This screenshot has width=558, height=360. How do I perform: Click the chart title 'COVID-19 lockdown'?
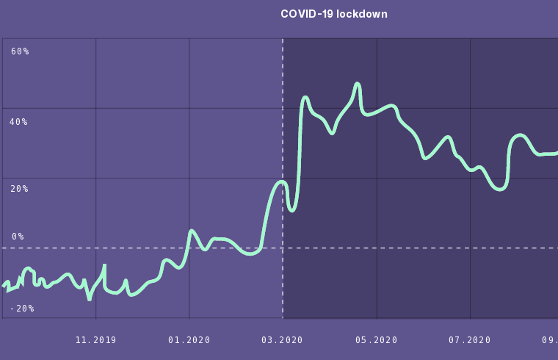tap(334, 14)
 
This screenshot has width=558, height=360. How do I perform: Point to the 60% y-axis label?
tap(20, 51)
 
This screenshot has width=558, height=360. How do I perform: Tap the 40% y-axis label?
tap(18, 122)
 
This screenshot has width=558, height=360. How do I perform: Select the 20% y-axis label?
tap(18, 189)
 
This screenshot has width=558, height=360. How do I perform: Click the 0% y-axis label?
tap(18, 237)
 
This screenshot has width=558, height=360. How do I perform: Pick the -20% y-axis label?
tap(22, 309)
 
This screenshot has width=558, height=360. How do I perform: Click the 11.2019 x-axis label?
tap(95, 340)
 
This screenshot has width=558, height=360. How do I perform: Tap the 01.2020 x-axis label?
tap(189, 340)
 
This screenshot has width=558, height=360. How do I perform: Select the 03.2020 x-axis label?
tap(283, 340)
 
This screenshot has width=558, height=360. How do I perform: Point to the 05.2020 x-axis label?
tap(377, 340)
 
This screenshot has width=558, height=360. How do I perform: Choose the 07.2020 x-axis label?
tap(470, 340)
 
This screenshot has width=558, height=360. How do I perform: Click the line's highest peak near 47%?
tap(358, 84)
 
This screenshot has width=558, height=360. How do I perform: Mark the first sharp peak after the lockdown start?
tap(305, 97)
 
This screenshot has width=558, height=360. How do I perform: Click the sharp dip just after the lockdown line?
tap(291, 210)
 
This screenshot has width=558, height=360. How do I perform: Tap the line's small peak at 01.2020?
tap(191, 231)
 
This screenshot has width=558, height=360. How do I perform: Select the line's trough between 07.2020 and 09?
tap(500, 189)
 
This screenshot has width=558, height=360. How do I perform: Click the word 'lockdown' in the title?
tap(362, 14)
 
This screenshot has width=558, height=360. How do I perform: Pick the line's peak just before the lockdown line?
tap(281, 181)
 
